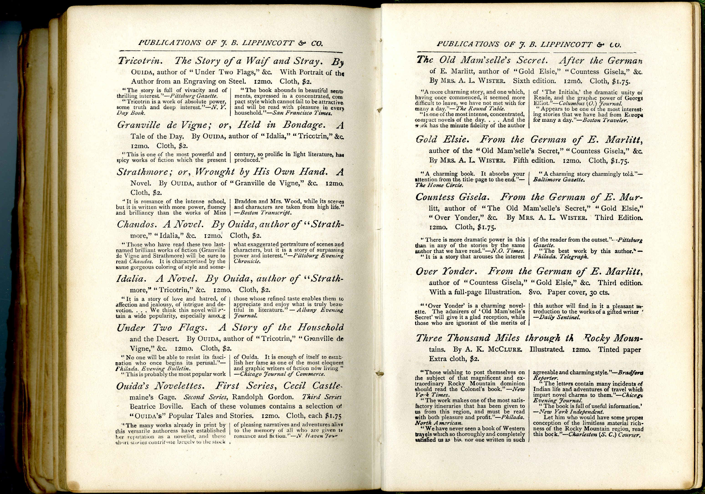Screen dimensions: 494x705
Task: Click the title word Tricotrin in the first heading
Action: [x=140, y=61]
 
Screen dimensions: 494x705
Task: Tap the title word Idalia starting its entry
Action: [x=130, y=279]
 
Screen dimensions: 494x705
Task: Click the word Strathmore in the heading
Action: [x=142, y=172]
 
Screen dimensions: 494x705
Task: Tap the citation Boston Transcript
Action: [x=266, y=213]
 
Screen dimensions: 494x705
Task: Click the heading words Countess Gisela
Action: [x=453, y=197]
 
